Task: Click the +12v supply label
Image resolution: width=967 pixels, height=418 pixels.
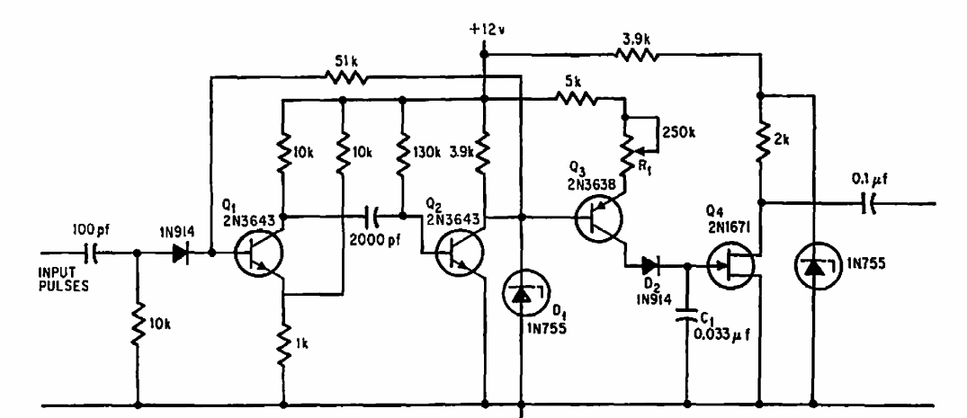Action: click(486, 31)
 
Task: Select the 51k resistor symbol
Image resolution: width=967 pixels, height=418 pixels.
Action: click(346, 77)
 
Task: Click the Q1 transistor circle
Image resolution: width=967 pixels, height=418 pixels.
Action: click(259, 253)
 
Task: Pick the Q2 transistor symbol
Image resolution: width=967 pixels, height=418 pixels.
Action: click(460, 253)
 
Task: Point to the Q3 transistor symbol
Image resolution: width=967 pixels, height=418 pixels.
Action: click(599, 218)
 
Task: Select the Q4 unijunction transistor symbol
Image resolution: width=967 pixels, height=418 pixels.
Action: click(730, 266)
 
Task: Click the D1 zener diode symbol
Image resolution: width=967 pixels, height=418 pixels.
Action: click(522, 296)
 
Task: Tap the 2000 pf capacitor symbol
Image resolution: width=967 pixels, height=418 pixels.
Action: click(373, 217)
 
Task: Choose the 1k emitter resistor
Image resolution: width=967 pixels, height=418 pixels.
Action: click(283, 346)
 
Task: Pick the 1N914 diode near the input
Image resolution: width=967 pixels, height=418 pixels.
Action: click(181, 253)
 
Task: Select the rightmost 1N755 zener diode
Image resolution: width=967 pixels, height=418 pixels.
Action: click(814, 266)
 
